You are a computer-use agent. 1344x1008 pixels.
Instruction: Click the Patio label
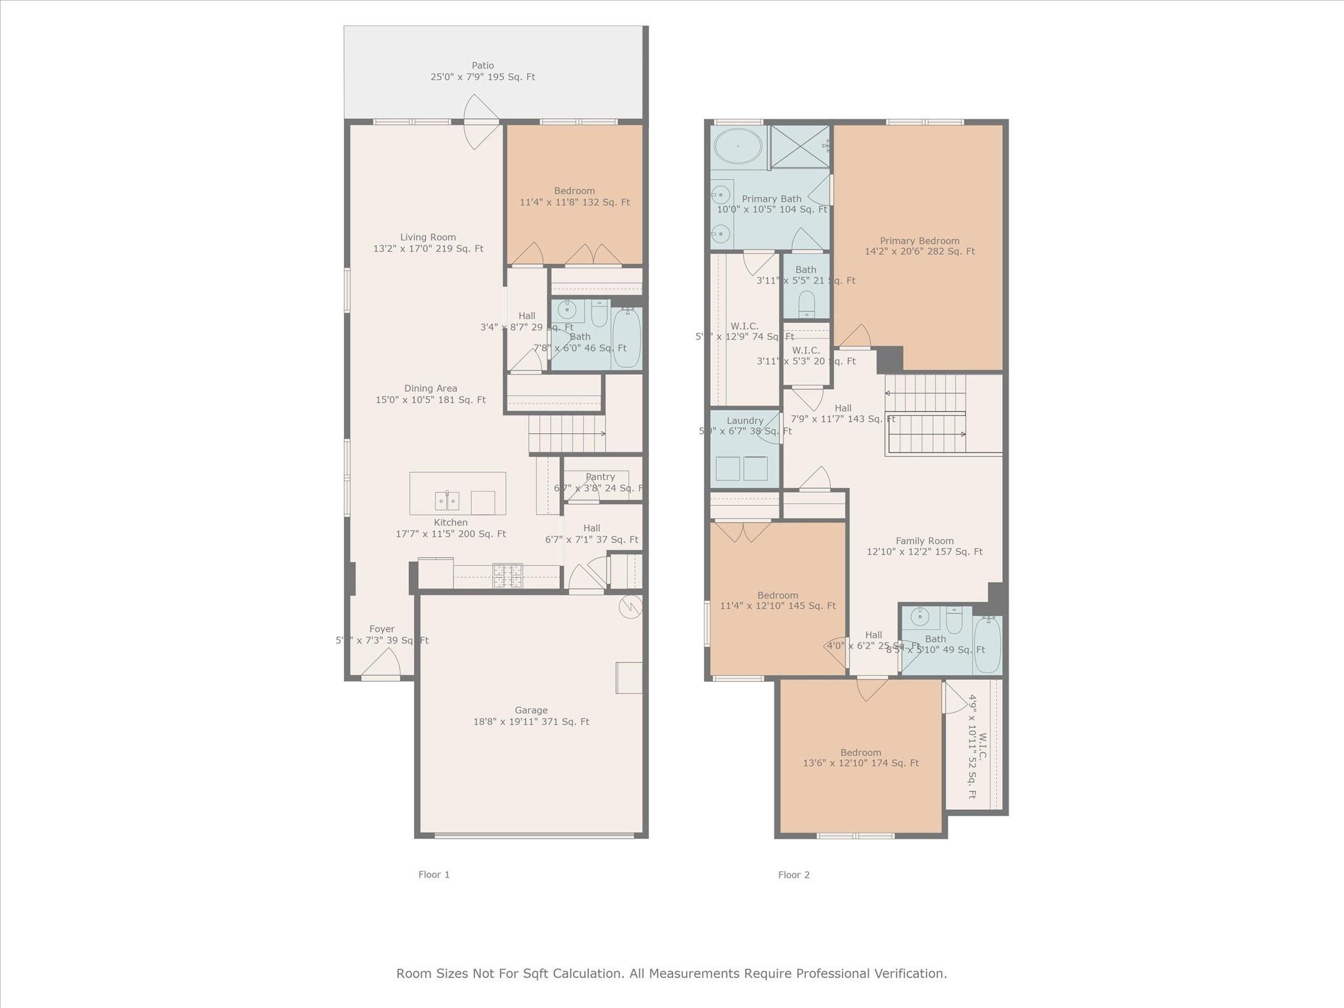pyautogui.click(x=482, y=71)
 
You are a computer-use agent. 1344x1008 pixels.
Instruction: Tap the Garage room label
pyautogui.click(x=531, y=715)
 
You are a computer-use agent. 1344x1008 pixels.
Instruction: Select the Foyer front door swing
pyautogui.click(x=383, y=663)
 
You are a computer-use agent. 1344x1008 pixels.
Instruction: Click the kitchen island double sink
pyautogui.click(x=447, y=501)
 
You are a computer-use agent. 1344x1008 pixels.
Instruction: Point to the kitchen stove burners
pyautogui.click(x=507, y=576)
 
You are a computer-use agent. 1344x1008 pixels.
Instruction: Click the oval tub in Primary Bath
pyautogui.click(x=738, y=146)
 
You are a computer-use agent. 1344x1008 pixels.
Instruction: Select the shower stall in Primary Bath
pyautogui.click(x=799, y=146)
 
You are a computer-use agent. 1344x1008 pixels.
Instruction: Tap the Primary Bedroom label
pyautogui.click(x=919, y=245)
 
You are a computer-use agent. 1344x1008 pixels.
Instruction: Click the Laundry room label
pyautogui.click(x=745, y=421)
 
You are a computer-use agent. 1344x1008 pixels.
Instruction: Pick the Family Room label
pyautogui.click(x=924, y=546)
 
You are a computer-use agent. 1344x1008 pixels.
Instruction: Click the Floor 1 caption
pyautogui.click(x=434, y=874)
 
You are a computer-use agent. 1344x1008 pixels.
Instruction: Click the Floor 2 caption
pyautogui.click(x=793, y=874)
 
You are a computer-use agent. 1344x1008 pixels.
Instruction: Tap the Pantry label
pyautogui.click(x=600, y=477)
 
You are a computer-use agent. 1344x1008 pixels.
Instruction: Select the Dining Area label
pyautogui.click(x=430, y=394)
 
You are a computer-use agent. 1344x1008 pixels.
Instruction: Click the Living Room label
pyautogui.click(x=428, y=243)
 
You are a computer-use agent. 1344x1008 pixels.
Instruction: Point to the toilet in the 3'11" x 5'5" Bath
pyautogui.click(x=807, y=304)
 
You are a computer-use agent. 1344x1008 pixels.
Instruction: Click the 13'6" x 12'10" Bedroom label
pyautogui.click(x=860, y=757)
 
